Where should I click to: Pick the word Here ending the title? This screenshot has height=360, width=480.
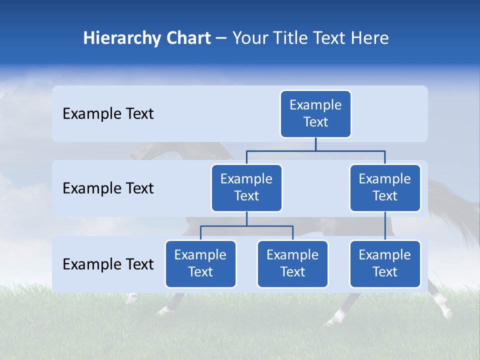click(x=370, y=38)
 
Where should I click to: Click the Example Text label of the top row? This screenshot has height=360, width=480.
click(x=108, y=114)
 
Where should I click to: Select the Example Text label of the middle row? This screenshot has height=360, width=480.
click(x=108, y=188)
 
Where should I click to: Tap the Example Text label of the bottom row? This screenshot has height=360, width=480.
click(x=108, y=264)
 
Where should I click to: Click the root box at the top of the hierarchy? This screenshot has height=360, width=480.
click(x=315, y=114)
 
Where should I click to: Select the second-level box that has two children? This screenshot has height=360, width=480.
click(x=246, y=188)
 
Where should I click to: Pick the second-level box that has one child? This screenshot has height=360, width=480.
click(x=385, y=188)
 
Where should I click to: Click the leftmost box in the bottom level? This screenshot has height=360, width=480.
click(x=200, y=264)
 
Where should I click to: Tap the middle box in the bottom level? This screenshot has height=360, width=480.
click(x=292, y=264)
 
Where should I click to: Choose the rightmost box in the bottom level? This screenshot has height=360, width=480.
click(x=385, y=264)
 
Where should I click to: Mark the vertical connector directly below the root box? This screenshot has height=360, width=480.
click(x=315, y=144)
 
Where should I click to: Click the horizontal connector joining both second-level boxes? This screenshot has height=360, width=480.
click(x=315, y=150)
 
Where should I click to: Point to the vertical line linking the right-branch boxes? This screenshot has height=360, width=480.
click(x=385, y=225)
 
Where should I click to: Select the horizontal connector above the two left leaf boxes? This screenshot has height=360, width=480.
click(x=246, y=226)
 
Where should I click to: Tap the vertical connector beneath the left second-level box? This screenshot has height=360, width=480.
click(x=246, y=218)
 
